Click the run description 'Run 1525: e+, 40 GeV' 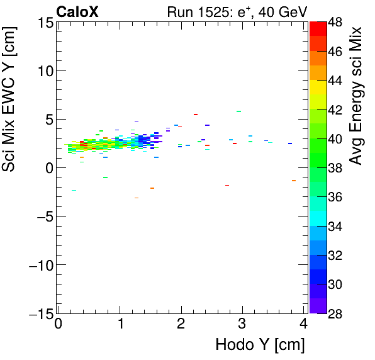tap(236, 11)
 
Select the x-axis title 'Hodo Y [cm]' tap(260, 344)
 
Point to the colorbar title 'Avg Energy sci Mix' tap(356, 95)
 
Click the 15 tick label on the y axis tap(45, 23)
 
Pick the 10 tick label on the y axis tap(45, 71)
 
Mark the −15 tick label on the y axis tap(40, 313)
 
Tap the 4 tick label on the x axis tap(304, 325)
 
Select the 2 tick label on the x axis tap(181, 325)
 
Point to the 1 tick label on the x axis tap(120, 325)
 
